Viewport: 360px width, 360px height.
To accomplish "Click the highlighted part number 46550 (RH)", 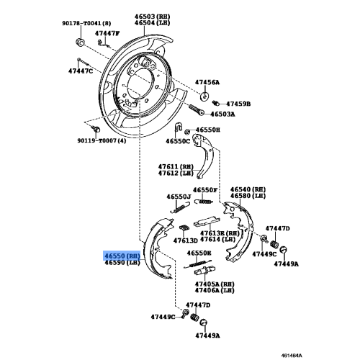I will [x=119, y=256].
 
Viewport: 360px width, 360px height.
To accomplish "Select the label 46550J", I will [x=179, y=197].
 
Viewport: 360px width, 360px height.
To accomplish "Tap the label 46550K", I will [x=198, y=253].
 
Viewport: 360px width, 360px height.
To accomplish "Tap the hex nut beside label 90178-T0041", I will [x=78, y=41].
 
